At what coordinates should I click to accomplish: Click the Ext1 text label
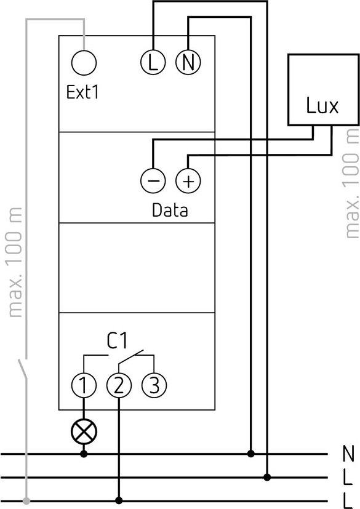point(82,92)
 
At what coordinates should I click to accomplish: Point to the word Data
point(170,210)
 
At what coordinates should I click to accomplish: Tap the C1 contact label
point(117,340)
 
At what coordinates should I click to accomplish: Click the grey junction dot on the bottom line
point(26,500)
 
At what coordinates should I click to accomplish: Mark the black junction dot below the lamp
point(84,454)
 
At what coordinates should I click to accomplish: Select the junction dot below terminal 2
point(119,500)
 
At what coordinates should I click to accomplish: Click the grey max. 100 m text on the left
point(15,262)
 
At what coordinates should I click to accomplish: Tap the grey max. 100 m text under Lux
point(351,183)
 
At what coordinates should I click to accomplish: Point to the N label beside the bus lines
point(348,454)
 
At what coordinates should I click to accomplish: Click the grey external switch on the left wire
point(23,369)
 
